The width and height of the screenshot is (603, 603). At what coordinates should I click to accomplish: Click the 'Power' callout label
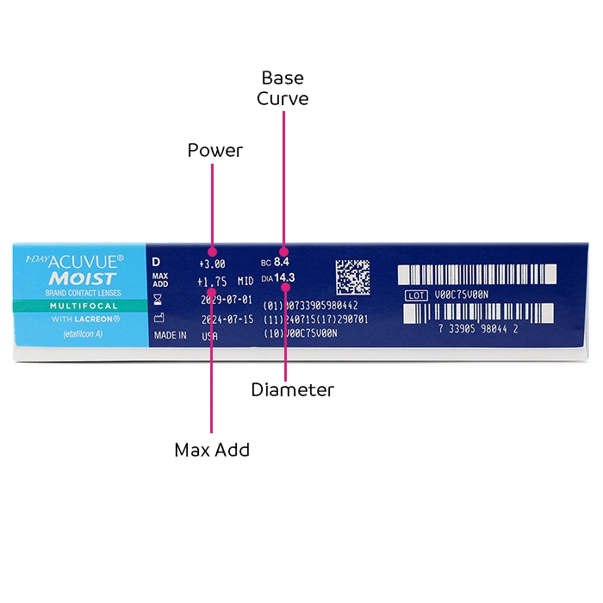coord(215,151)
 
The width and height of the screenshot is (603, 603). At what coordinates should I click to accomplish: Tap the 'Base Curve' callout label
coord(283,89)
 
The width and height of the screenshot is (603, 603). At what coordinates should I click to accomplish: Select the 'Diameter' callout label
coord(292,390)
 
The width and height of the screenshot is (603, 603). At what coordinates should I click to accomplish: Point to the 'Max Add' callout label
coord(212,450)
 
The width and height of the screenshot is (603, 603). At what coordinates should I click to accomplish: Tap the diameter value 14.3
coord(284,277)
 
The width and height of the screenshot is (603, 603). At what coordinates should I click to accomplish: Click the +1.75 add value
coord(211,282)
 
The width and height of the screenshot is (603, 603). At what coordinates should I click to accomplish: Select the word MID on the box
coord(246,282)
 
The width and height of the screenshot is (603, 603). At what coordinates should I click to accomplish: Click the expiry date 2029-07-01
coord(226,300)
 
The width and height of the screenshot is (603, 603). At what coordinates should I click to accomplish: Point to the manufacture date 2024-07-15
coord(226,318)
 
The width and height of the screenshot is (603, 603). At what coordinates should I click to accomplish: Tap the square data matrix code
coord(352,277)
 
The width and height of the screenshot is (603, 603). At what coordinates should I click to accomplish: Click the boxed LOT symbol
coord(416,295)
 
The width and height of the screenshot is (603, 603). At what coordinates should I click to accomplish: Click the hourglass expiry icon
coord(157,300)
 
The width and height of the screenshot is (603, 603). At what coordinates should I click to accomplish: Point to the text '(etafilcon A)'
coord(83,334)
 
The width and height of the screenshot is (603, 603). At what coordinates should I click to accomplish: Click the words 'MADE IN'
coord(170,336)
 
